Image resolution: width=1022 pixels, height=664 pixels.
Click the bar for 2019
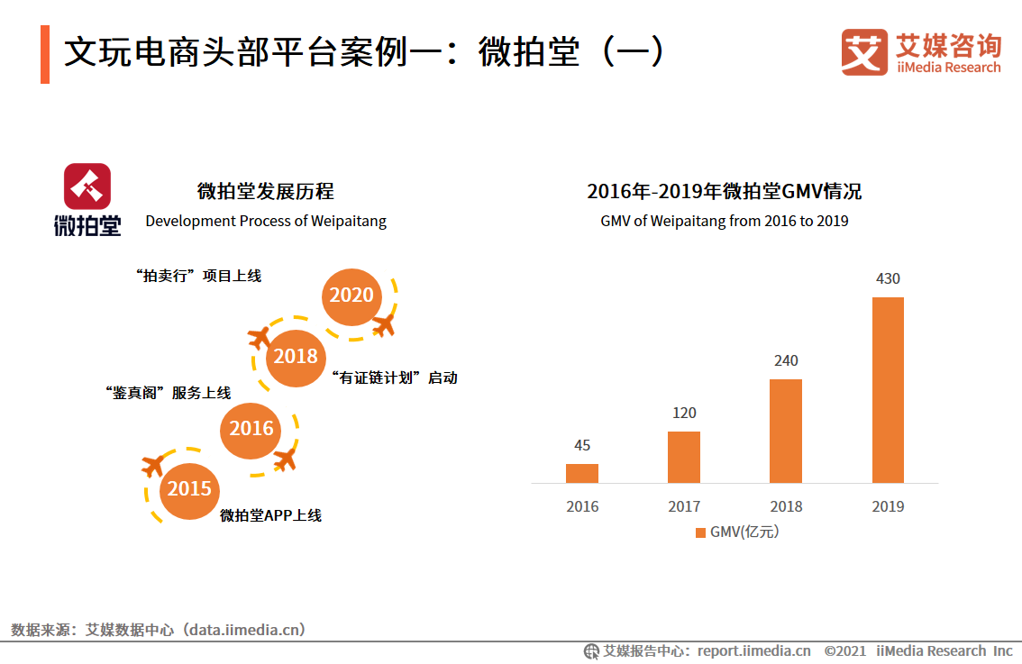pos(888,389)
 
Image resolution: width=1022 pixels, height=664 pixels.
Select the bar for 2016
pos(582,473)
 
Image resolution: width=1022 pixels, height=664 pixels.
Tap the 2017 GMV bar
pos(683,457)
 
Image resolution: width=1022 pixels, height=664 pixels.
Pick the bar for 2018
pos(785,431)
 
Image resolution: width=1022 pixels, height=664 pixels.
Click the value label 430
pos(888,279)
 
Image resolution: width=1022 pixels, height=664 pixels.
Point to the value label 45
pos(582,446)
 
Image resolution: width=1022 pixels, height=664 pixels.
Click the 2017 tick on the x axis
pos(683,506)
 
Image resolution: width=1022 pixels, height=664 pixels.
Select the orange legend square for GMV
pos(700,532)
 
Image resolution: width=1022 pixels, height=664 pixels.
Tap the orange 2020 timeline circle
pos(351,296)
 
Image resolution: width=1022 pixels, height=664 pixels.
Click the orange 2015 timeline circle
pos(189,489)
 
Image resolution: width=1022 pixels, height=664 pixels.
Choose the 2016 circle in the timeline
pos(251,429)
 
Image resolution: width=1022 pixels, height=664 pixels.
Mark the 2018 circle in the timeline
pos(296,357)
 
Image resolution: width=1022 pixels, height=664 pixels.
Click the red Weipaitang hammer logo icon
pos(87,186)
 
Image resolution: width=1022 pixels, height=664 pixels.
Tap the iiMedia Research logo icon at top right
pos(864,52)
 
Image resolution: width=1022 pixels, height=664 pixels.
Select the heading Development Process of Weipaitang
pos(266,221)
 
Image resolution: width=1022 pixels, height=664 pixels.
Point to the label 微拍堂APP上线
pos(270,515)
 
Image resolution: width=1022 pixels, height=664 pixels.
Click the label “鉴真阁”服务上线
pos(168,393)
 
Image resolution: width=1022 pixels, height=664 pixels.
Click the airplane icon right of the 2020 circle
pos(384,324)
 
